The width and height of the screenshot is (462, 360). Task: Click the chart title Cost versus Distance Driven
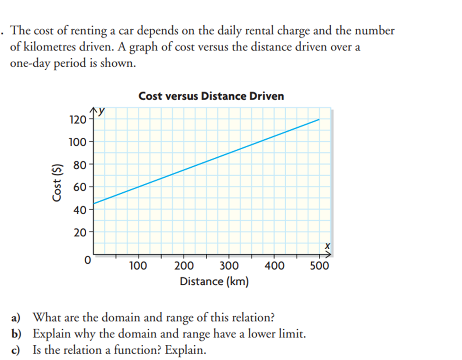click(211, 96)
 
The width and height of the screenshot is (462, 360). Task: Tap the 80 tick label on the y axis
click(80, 165)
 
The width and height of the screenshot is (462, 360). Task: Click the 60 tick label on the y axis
click(80, 187)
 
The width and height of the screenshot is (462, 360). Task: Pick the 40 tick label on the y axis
click(80, 210)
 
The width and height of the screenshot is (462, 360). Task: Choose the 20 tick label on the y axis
click(80, 233)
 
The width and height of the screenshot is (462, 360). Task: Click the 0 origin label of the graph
click(87, 260)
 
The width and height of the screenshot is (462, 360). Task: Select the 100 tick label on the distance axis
click(138, 266)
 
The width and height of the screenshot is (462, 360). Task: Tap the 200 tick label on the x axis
click(184, 266)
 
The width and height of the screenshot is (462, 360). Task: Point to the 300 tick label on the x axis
click(229, 266)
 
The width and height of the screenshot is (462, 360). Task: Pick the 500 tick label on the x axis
click(319, 266)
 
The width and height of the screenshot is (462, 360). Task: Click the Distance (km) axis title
click(214, 281)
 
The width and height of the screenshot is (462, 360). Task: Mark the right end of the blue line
click(319, 119)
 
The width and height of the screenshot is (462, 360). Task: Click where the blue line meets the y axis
click(93, 204)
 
